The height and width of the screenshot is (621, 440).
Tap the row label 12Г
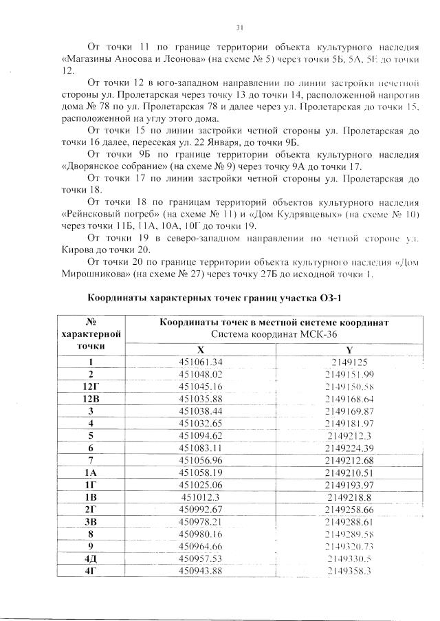[92, 386]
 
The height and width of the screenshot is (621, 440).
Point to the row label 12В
[92, 398]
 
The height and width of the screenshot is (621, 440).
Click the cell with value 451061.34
[201, 362]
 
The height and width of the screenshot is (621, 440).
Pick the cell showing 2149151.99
[349, 374]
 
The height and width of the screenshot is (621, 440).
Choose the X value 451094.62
[201, 435]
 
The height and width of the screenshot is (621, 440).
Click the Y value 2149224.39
[349, 448]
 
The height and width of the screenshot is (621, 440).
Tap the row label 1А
[92, 472]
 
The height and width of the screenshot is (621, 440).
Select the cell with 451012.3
[201, 497]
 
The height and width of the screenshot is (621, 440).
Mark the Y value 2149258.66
[349, 509]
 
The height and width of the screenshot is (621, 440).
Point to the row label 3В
[92, 521]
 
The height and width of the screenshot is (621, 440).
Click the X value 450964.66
[201, 546]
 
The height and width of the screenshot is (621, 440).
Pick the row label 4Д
[92, 558]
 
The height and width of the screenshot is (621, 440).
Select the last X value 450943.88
[201, 571]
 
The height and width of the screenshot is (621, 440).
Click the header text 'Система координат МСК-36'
[274, 334]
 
